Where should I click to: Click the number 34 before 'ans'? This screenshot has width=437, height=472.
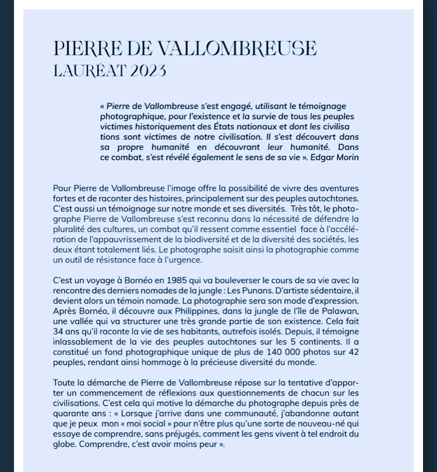click(x=58, y=331)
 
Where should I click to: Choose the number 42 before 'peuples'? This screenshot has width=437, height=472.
click(x=353, y=351)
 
